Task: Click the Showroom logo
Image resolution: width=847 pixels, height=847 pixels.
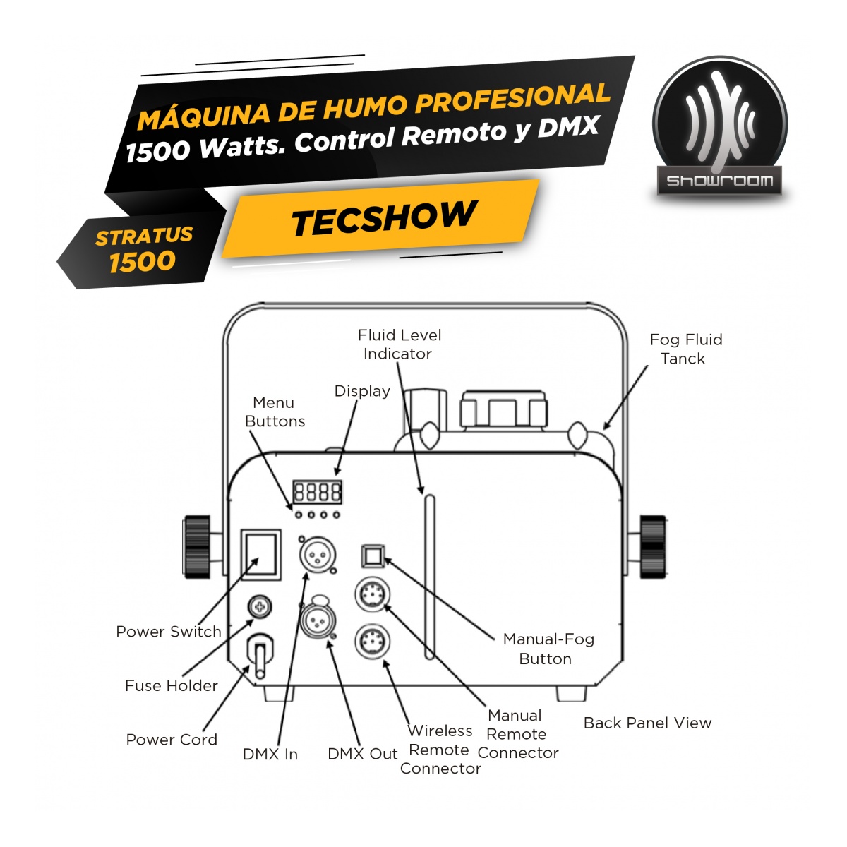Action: (719, 126)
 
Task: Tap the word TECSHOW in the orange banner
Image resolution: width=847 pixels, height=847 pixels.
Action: (383, 218)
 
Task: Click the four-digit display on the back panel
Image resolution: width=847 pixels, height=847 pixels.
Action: (318, 491)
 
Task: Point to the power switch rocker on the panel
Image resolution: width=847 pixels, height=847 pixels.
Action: (260, 555)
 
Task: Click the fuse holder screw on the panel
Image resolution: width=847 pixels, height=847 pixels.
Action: (260, 608)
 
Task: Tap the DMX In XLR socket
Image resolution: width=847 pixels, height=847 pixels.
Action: (318, 555)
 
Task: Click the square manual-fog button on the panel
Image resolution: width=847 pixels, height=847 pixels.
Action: (372, 556)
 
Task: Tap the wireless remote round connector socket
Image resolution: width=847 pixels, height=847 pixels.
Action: (372, 642)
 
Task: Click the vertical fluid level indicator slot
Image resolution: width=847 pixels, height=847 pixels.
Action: (429, 577)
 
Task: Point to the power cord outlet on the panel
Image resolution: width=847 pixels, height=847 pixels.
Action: (260, 655)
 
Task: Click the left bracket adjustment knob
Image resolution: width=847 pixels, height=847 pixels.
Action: (196, 547)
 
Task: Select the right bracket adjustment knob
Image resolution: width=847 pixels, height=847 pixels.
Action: (653, 547)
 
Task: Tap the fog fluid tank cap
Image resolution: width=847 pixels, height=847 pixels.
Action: (503, 409)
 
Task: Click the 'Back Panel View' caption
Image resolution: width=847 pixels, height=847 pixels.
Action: (647, 723)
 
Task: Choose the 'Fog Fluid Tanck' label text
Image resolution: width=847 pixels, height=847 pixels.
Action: (685, 349)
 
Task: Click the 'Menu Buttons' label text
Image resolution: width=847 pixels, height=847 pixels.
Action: (275, 412)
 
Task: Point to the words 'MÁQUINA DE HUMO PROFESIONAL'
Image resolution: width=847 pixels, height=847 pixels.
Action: (373, 107)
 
